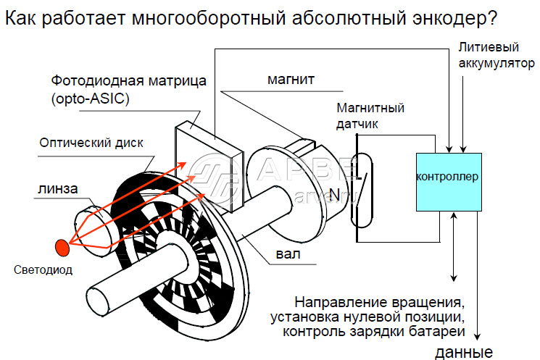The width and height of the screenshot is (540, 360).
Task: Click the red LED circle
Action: coord(63,247)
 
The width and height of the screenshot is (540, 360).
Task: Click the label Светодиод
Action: coord(45,270)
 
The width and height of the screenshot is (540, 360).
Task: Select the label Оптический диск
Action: coord(91,142)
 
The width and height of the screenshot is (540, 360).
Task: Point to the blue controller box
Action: coord(447,181)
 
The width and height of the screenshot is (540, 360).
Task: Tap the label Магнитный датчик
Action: coord(370,117)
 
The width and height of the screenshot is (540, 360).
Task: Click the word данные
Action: coord(464,353)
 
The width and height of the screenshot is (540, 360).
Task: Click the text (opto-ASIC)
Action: coord(90,99)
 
